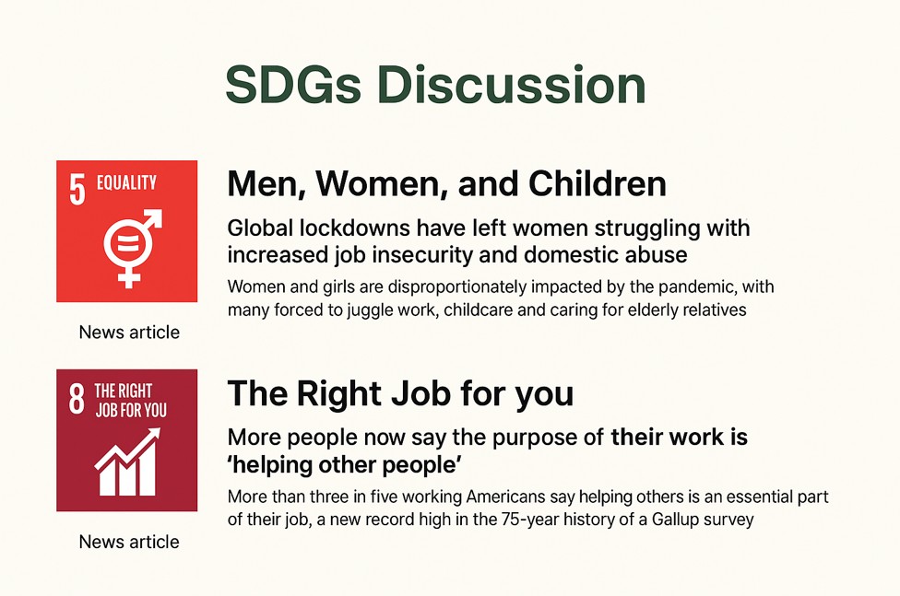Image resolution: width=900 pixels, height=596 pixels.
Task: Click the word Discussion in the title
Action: pos(512,85)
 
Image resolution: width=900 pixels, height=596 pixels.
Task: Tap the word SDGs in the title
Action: pos(293,85)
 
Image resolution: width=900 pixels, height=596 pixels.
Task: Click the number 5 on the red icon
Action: pos(77,189)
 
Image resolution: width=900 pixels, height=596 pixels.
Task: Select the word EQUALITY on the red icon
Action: pos(126,182)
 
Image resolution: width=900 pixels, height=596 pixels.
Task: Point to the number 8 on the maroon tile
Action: pos(77,398)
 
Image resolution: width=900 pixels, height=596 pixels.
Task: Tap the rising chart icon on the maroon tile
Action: pos(127,462)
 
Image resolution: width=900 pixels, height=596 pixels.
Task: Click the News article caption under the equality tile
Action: pos(129,333)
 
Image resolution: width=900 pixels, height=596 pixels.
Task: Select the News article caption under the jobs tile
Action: pos(129,542)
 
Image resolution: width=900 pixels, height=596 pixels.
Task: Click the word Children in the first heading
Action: pos(597,183)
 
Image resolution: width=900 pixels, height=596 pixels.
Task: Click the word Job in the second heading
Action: pos(422,394)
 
